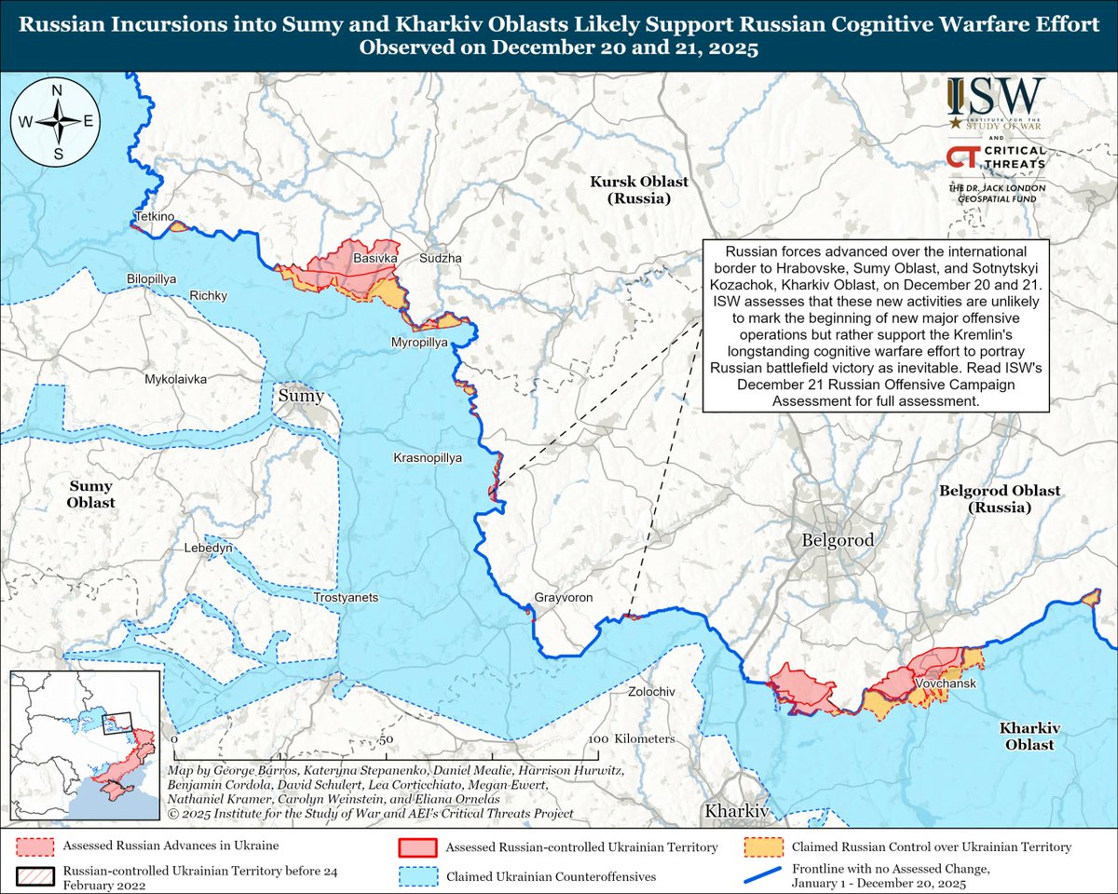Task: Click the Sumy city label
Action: [x=300, y=397]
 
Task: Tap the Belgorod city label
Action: [x=838, y=540]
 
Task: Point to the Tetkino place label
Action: [x=155, y=216]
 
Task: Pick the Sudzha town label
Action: [x=441, y=258]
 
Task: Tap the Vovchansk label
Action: [x=945, y=684]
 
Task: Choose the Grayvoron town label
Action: [x=564, y=598]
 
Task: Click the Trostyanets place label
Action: [x=347, y=597]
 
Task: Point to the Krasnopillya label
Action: [x=428, y=458]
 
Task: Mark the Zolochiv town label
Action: [x=651, y=693]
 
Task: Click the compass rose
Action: [x=57, y=121]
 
